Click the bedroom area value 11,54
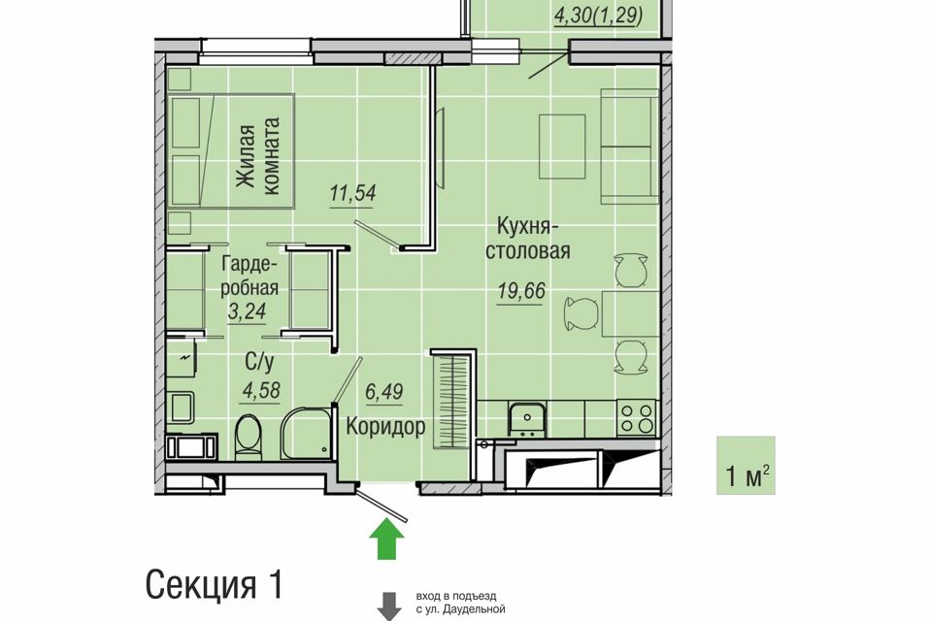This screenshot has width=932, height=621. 353,194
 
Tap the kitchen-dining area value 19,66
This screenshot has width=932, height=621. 521,291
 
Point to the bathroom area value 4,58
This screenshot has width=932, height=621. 261,391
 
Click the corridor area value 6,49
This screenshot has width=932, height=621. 384,392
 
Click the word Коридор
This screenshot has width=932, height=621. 385,426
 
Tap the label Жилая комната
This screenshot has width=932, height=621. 256,155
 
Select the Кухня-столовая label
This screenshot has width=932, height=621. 528,239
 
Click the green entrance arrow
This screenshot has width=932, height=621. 387,539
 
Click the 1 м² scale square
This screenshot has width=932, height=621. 746,466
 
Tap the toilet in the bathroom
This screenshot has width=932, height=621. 248,438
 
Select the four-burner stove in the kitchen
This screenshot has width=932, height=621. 637,417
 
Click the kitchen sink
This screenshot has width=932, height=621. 526,419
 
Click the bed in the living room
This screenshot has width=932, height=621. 232,150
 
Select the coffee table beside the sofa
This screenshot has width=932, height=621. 562,147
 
